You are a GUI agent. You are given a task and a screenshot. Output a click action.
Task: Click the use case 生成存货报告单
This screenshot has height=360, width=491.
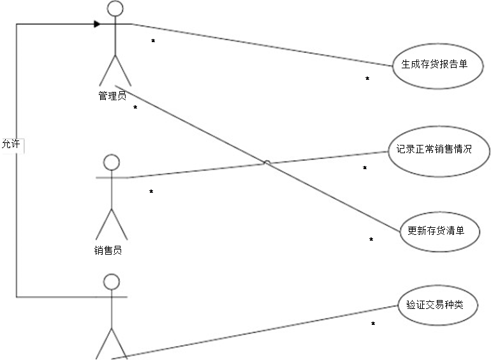[433, 64]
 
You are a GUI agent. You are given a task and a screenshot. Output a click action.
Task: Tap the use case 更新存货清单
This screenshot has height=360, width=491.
[439, 230]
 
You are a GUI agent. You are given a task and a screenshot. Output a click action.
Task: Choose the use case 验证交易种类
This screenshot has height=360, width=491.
[438, 305]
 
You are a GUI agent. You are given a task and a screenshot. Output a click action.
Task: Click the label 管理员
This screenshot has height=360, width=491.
[112, 96]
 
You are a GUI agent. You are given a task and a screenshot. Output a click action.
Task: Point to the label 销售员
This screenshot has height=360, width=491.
[108, 250]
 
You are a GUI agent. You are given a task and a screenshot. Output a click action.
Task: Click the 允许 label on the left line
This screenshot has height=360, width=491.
[11, 144]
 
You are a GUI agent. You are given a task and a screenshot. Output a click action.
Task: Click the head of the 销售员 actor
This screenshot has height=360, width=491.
[112, 162]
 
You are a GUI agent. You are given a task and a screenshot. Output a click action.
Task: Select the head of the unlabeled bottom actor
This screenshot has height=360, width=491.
[112, 281]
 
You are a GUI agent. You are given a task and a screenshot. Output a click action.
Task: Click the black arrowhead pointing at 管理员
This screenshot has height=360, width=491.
[98, 24]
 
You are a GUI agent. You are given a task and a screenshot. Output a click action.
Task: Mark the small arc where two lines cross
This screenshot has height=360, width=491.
[267, 163]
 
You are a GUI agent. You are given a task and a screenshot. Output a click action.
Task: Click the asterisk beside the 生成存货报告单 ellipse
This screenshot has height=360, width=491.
[367, 79]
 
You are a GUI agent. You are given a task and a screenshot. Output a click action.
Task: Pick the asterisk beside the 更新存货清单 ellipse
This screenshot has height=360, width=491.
[371, 239]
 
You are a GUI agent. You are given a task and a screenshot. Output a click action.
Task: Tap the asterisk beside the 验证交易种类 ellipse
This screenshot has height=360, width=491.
[373, 324]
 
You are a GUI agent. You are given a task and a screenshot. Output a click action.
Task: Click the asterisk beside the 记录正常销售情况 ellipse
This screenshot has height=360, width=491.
[365, 168]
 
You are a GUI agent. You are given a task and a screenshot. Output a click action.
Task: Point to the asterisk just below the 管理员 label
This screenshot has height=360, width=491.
[135, 107]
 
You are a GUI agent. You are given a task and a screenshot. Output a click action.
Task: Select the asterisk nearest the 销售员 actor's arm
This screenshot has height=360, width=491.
[151, 191]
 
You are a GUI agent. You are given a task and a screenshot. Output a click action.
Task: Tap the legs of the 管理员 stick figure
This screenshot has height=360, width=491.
[116, 69]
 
